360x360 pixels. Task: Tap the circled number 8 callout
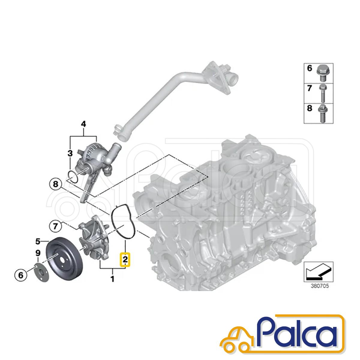click(56, 184)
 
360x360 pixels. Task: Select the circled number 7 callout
click(55, 226)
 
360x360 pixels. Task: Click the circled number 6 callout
click(21, 275)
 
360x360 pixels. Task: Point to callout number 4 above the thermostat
click(83, 124)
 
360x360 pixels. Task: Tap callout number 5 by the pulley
click(38, 242)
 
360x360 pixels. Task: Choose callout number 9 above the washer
click(38, 253)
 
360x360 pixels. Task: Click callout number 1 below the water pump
click(112, 284)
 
